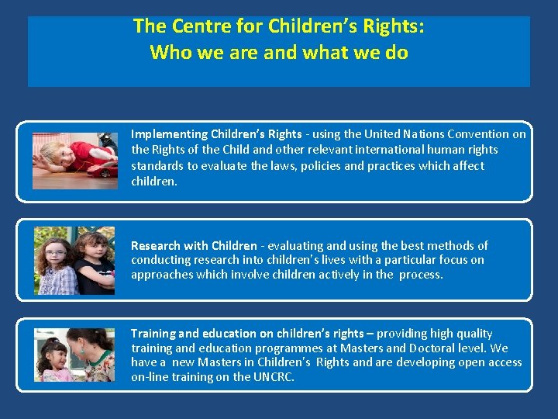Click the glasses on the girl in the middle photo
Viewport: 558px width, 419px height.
point(55,253)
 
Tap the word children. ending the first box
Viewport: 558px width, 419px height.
point(154,182)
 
